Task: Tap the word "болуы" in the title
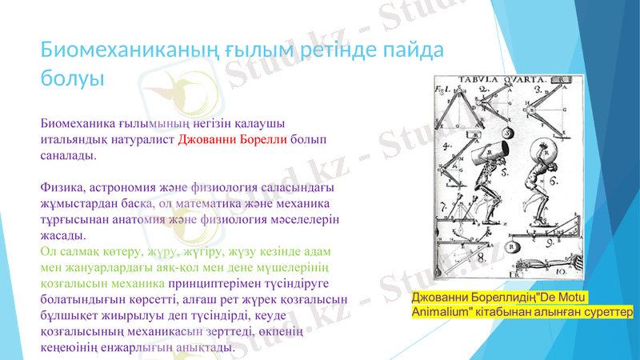tap(73, 79)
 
